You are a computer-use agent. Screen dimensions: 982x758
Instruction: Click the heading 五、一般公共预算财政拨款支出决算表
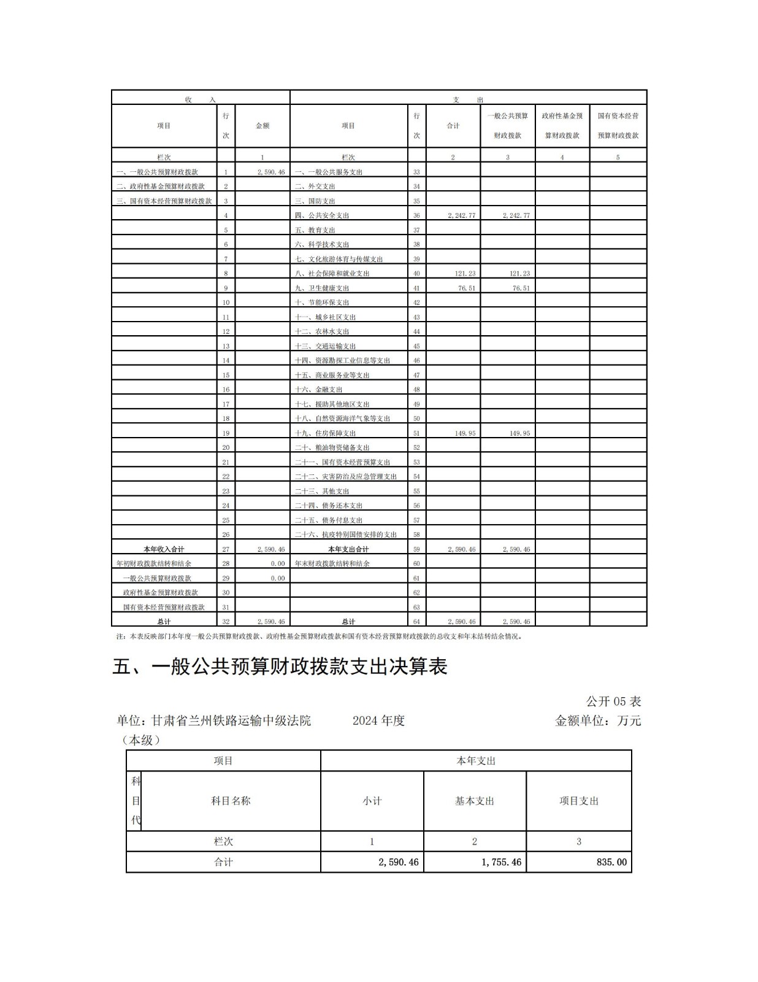[x=280, y=667]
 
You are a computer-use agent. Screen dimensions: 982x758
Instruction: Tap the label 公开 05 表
[x=613, y=702]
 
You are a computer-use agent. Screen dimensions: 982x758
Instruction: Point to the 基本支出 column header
[x=475, y=801]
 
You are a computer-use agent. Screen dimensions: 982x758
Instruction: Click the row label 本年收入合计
[x=164, y=549]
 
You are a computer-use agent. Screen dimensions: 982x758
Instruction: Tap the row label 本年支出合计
[x=348, y=549]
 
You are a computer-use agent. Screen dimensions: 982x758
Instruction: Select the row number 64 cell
[x=416, y=622]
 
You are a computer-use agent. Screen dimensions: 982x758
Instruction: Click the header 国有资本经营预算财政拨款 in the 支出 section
[x=618, y=126]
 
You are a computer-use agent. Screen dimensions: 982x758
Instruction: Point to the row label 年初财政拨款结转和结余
[x=154, y=563]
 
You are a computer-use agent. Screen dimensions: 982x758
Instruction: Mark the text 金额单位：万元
[x=598, y=721]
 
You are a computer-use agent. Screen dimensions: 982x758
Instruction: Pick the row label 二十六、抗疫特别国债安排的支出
[x=346, y=535]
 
